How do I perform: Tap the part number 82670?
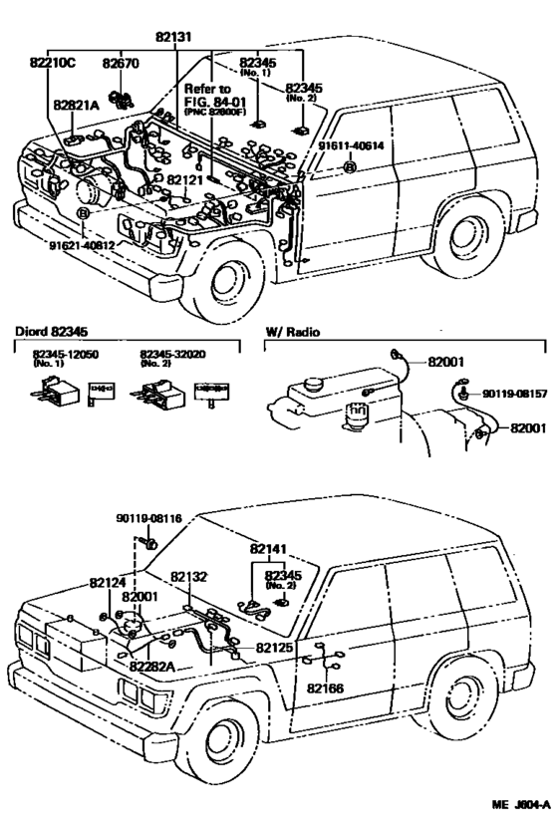[120, 64]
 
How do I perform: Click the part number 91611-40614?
[351, 145]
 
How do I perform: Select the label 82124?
[107, 582]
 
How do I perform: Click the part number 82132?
[187, 576]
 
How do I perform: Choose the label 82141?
[268, 549]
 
